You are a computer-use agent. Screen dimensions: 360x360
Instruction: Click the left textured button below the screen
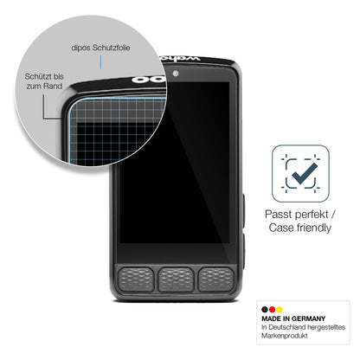(136, 279)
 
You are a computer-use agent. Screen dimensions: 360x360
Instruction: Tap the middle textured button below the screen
(176, 279)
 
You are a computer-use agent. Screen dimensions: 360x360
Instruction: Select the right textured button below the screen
(216, 279)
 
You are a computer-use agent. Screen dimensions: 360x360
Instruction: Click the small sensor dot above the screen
(176, 74)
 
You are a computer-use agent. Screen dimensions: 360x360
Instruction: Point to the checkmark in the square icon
(305, 174)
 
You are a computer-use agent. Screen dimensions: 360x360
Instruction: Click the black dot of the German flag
(265, 310)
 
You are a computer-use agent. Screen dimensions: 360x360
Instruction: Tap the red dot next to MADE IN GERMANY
(272, 310)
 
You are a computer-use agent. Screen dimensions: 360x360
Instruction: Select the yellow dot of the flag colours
(280, 310)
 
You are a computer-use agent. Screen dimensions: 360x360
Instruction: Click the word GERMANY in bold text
(308, 318)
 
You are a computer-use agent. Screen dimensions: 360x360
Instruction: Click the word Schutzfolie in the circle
(111, 48)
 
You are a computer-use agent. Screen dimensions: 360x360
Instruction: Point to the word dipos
(80, 48)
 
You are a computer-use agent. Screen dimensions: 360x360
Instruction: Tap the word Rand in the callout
(53, 86)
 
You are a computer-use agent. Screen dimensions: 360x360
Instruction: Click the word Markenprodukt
(285, 336)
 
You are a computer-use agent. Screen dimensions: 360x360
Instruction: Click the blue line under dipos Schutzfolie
(100, 62)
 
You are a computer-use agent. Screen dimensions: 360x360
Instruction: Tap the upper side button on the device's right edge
(243, 210)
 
